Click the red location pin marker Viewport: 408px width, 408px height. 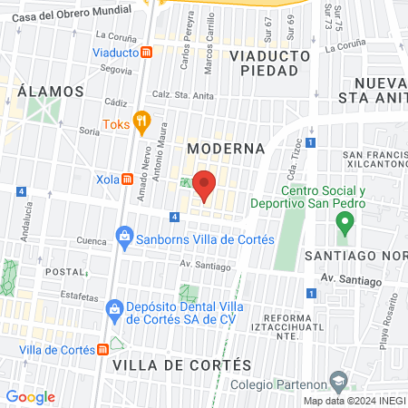(x=205, y=185)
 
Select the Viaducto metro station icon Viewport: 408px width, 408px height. (x=146, y=53)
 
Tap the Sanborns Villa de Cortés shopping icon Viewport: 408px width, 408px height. (x=124, y=239)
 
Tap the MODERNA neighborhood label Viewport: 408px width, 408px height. (x=226, y=148)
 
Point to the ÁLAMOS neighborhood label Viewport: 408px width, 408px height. (x=50, y=92)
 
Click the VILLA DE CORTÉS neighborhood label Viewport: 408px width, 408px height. (x=181, y=364)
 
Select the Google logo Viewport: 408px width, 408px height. (x=30, y=397)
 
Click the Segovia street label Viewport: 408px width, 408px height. (x=116, y=69)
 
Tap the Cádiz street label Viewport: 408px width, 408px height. (x=116, y=103)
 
